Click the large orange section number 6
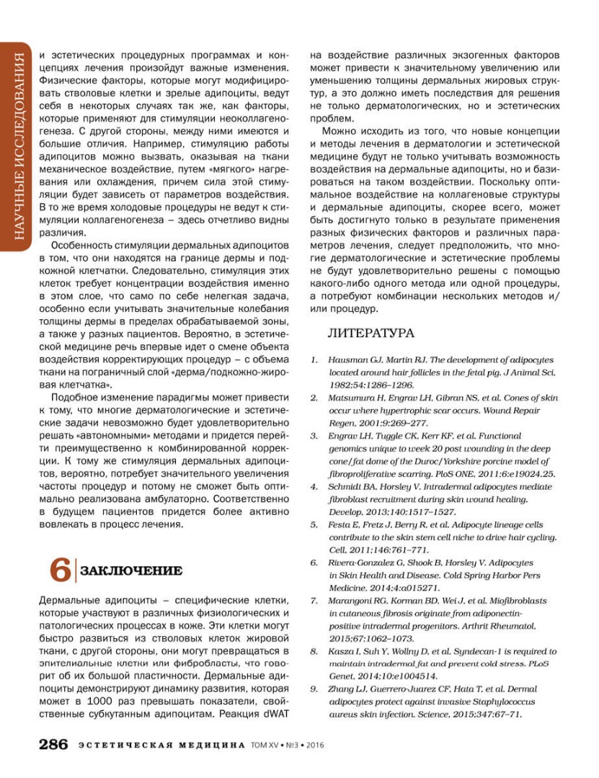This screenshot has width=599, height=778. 60,570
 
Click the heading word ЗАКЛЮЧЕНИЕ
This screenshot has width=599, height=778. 130,571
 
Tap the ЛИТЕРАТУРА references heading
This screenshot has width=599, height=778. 371,333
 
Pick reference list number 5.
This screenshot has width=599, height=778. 314,525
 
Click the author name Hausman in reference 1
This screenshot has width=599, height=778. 348,359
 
